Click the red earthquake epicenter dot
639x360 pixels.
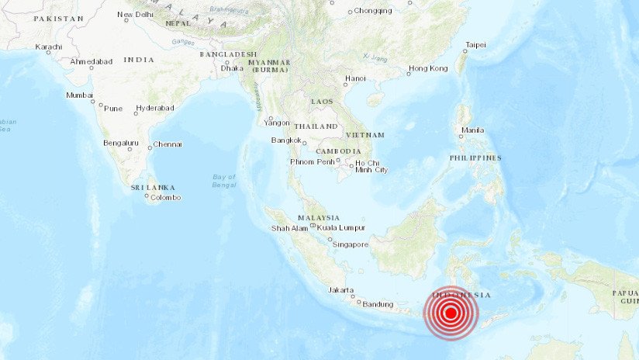coord(451,313)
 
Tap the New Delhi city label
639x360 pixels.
coord(135,15)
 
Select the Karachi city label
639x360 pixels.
coord(48,47)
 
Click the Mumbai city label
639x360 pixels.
coord(80,95)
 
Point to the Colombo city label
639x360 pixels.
coord(165,197)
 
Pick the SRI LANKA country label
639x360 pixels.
coord(153,187)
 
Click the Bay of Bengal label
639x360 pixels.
coord(224,181)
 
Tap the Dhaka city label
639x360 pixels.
coord(232,68)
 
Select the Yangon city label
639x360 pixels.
coord(277,122)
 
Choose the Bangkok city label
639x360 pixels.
coord(285,140)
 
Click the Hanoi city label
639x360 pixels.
coord(355,78)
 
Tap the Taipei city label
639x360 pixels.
coord(475,45)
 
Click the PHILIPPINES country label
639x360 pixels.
coord(475,157)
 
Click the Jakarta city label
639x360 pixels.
coord(341,289)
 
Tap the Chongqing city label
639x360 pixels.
coord(373,11)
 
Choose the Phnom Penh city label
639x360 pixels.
coord(312,161)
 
